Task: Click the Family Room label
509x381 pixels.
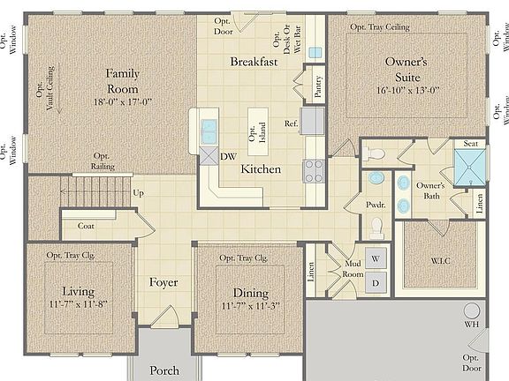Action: (124, 81)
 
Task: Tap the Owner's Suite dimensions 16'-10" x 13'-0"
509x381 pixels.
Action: (406, 90)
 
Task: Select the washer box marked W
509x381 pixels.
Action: (376, 260)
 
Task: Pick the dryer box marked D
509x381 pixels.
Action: (376, 283)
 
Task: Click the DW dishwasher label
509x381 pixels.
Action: (228, 157)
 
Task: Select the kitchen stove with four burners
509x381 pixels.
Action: (314, 168)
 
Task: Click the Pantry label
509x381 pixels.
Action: (317, 87)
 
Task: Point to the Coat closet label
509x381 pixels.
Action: (86, 226)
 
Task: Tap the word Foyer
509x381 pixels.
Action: (163, 283)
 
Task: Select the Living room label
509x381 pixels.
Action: (78, 291)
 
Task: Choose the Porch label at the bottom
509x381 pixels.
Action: (164, 370)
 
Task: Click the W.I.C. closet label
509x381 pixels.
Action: (439, 261)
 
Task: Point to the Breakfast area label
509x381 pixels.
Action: (254, 62)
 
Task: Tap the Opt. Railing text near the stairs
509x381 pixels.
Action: (103, 161)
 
